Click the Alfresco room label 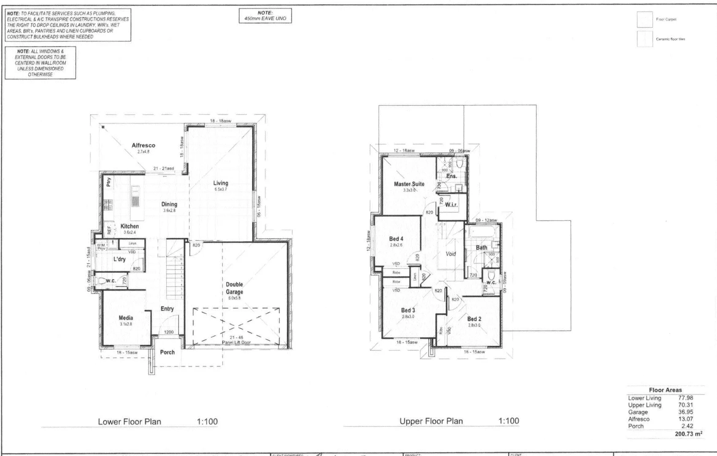tap(143, 145)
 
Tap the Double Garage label tap(234, 288)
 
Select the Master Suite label tap(409, 184)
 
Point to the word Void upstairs tap(451, 254)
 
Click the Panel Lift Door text tap(236, 342)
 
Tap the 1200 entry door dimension tap(168, 332)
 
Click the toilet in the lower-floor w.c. tap(102, 281)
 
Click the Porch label tap(167, 352)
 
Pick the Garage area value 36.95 tap(685, 412)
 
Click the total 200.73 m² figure tap(688, 434)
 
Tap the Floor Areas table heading tap(665, 390)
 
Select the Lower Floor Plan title tap(129, 421)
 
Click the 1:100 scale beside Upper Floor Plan tap(508, 421)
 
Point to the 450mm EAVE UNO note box tap(265, 16)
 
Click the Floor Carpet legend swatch tap(644, 19)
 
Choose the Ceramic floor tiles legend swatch tap(644, 39)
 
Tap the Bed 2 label tap(474, 319)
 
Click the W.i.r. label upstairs tap(451, 205)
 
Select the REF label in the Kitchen tap(109, 230)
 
